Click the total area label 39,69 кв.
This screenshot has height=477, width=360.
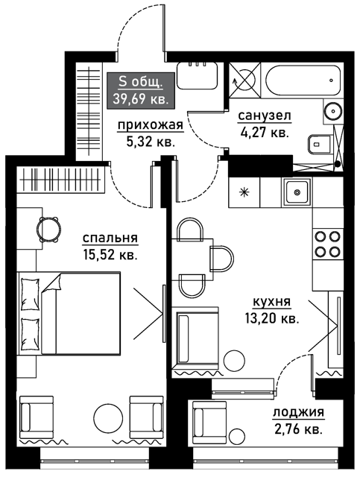tap(141, 98)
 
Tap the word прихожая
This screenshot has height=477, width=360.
tap(151, 125)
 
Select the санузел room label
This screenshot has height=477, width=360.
tap(265, 116)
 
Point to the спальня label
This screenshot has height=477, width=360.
tap(110, 238)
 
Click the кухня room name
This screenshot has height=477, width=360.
tap(272, 302)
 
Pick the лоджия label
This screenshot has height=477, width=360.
tap(299, 412)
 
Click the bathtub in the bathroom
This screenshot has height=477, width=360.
tap(302, 80)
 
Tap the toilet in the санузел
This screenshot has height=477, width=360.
tap(319, 145)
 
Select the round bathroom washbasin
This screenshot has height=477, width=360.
tap(333, 111)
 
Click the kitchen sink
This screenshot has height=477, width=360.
tap(297, 192)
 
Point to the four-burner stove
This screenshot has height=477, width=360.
tap(327, 244)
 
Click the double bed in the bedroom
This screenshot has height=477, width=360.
tap(69, 313)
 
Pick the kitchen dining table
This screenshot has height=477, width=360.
tap(192, 259)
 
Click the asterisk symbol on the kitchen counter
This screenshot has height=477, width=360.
tap(244, 192)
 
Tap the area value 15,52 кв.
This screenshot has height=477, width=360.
tap(110, 255)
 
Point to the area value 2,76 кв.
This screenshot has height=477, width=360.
tap(297, 429)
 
